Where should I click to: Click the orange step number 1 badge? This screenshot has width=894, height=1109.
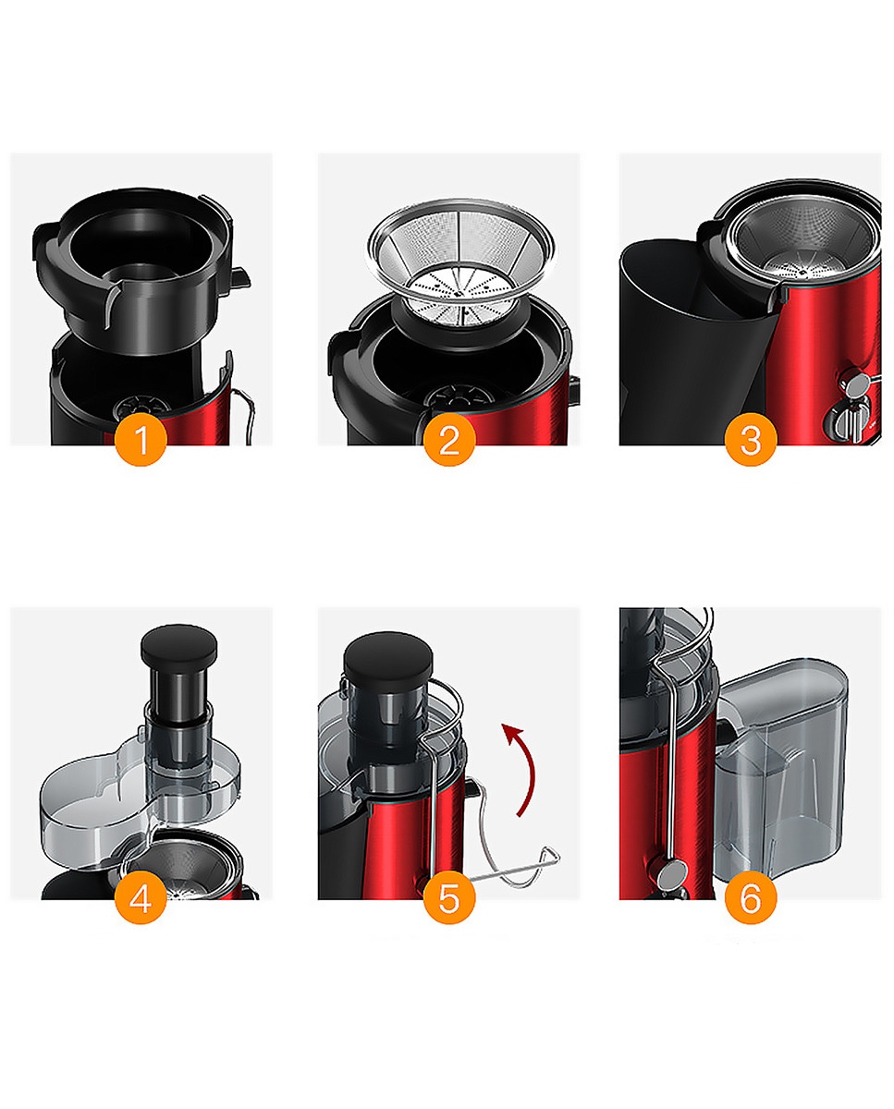(141, 440)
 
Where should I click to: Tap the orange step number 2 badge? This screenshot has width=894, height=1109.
(449, 440)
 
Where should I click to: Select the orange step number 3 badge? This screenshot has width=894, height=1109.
(751, 440)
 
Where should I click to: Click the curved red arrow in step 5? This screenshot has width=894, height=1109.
(530, 769)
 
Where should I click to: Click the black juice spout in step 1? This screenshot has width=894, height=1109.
(240, 278)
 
